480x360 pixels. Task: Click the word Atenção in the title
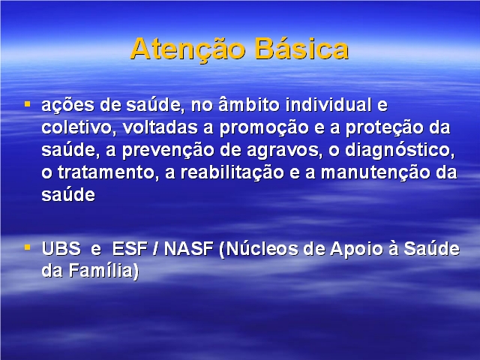coord(187,49)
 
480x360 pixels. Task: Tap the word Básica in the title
coord(301,48)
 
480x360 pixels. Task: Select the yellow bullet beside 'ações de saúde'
coord(28,104)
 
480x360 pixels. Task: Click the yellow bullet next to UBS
coord(28,247)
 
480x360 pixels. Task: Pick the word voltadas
coord(160,127)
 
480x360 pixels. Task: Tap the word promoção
coord(264,128)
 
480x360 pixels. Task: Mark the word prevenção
coord(168,151)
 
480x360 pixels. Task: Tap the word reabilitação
coord(232,173)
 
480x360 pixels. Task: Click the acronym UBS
coord(61,248)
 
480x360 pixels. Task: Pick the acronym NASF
coord(188,248)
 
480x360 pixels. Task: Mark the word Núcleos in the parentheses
coord(259,248)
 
